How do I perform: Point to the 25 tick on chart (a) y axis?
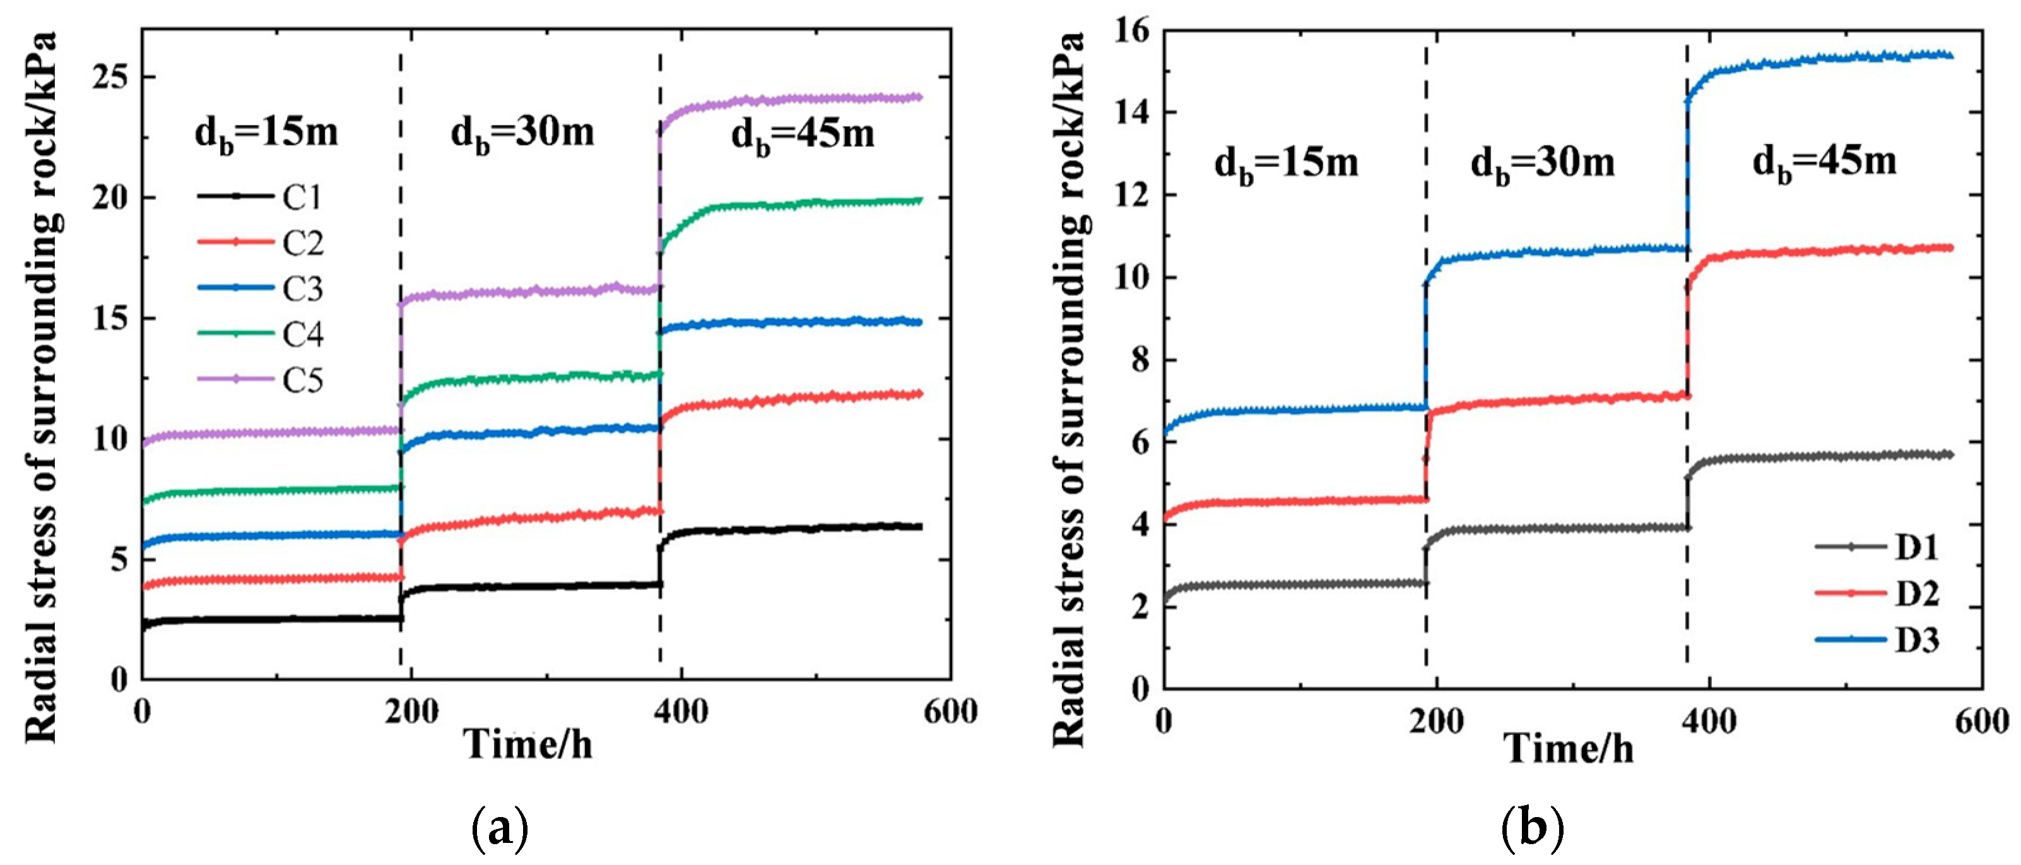(110, 78)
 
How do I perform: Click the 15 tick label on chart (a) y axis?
(110, 319)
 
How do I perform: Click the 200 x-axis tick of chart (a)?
(413, 712)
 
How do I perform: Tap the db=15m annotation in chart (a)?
(267, 133)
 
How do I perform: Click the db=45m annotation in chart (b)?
(1825, 162)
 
